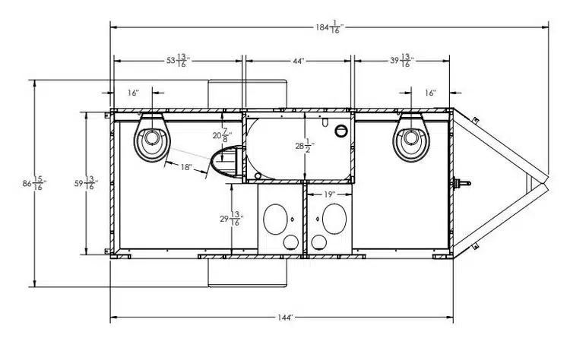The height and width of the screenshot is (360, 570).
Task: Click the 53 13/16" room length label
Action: coord(176,61)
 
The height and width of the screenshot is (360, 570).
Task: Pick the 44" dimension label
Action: coord(296,61)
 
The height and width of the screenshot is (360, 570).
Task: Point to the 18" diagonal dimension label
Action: coord(187,167)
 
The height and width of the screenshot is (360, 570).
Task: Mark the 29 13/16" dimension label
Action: coord(229,220)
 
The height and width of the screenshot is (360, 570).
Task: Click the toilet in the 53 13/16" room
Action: coord(152,138)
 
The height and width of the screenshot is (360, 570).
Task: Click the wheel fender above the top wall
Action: coord(248,93)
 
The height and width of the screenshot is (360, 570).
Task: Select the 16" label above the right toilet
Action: coord(430,93)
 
